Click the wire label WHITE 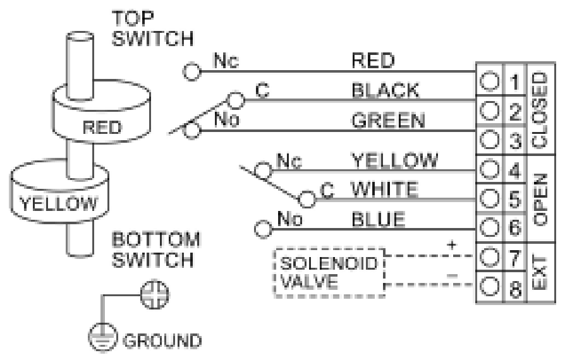tap(377, 188)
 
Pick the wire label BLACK tap(378, 91)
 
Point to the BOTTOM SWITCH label tap(158, 251)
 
